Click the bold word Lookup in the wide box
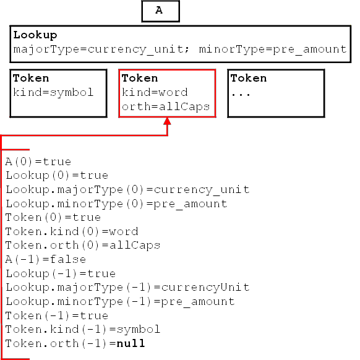pos(35,35)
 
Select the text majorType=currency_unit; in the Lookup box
pos(101,49)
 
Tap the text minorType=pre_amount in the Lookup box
pos(273,49)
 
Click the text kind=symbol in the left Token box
pos(53,93)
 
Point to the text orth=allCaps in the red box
pos(166,107)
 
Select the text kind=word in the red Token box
pos(155,92)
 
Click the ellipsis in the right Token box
pos(241,94)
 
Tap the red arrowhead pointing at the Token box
pos(168,121)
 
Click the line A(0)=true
pos(38,162)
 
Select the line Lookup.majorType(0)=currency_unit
pos(127,190)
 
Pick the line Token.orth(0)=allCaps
pos(83,246)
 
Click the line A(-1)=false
pos(45,259)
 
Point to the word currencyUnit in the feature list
pos(205,288)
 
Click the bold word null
pos(131,343)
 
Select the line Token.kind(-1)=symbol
pos(83,330)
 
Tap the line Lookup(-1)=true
pos(61,273)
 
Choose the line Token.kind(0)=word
pos(72,231)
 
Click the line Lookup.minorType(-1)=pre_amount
pos(120,302)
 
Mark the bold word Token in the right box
pos(249,79)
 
